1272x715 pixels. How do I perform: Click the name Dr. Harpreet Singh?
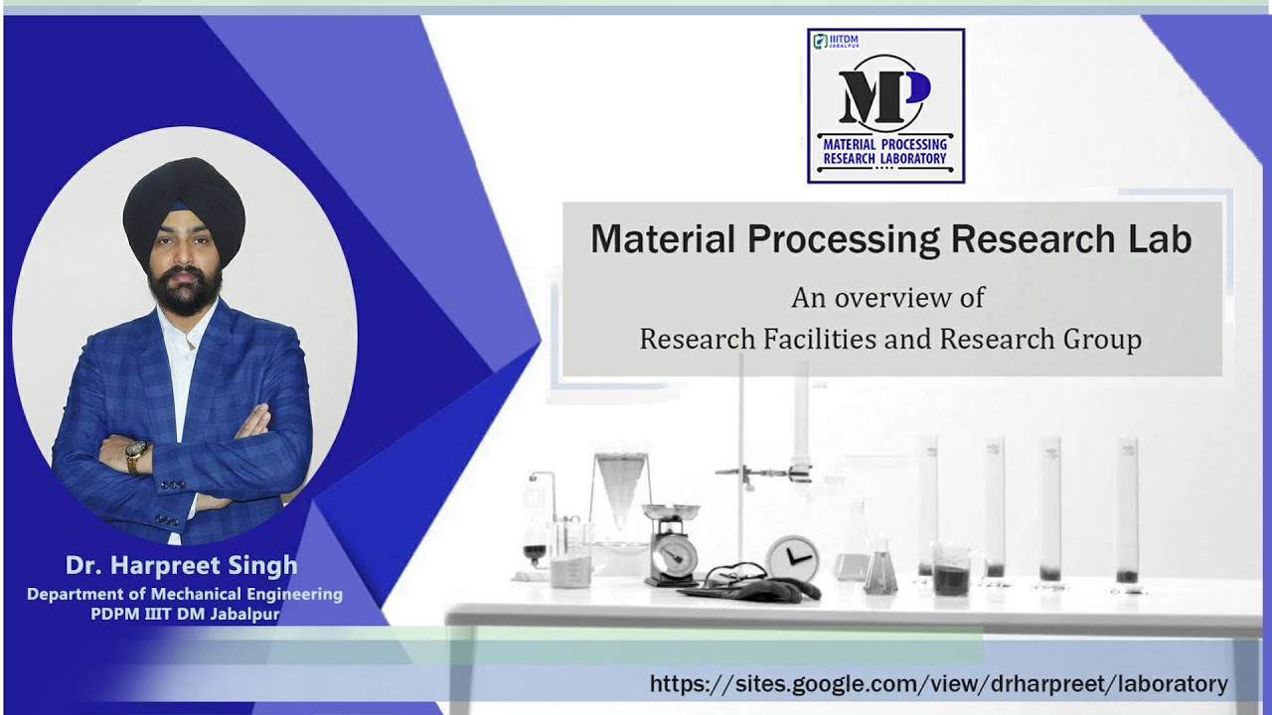(x=181, y=566)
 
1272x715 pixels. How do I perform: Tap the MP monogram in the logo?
(x=883, y=94)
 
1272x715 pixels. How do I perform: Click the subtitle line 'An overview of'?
(x=887, y=297)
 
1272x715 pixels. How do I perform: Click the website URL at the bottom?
(x=938, y=683)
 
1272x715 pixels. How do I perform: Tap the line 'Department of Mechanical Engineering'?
(x=184, y=594)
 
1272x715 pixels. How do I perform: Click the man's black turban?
(x=184, y=209)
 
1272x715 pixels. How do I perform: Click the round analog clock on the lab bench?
(x=793, y=558)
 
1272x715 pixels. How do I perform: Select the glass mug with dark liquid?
(x=955, y=570)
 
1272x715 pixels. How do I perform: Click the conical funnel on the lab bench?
(x=621, y=487)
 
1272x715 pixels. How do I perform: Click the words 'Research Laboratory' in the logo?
(x=884, y=158)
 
